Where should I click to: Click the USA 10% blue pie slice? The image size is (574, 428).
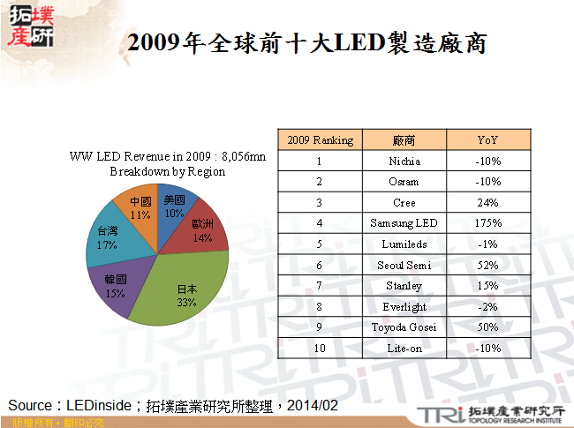click(173, 206)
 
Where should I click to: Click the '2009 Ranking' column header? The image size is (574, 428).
click(320, 140)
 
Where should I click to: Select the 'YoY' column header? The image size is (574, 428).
click(487, 140)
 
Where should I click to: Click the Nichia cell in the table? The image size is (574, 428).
click(404, 161)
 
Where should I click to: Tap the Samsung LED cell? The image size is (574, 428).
click(404, 223)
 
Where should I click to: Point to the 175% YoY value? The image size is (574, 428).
click(487, 223)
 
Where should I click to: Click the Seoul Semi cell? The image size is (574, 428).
click(404, 265)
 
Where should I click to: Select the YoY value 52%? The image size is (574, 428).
click(487, 265)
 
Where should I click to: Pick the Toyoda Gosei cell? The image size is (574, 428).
click(404, 327)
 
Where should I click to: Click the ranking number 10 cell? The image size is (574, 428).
click(320, 349)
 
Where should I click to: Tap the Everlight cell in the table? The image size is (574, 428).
click(404, 306)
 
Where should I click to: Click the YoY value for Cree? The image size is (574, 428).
click(487, 203)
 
